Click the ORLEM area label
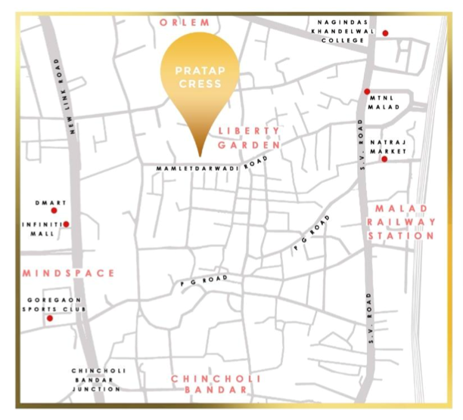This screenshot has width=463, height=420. point(183,23)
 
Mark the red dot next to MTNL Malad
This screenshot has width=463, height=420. point(367,91)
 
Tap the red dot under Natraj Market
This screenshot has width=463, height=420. point(384,159)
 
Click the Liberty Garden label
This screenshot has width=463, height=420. point(249,137)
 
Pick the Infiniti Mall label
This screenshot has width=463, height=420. point(39,229)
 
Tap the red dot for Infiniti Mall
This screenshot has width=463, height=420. point(67,224)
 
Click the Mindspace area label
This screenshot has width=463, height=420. point(68,273)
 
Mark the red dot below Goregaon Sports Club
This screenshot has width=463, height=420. point(50,319)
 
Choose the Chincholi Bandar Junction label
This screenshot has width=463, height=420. point(95,380)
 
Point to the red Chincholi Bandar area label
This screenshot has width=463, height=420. point(209,384)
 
